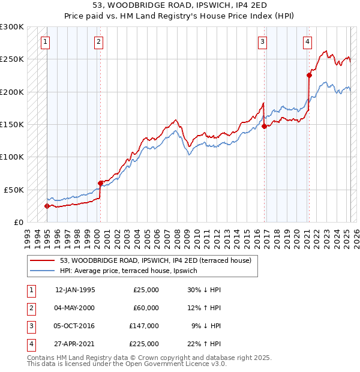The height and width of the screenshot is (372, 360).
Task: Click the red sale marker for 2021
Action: pyautogui.click(x=310, y=75)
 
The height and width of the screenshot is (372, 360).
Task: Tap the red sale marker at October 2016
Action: pyautogui.click(x=265, y=126)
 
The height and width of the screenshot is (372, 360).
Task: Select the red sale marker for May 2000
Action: pyautogui.click(x=100, y=183)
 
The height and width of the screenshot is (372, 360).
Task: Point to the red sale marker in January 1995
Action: pyautogui.click(x=47, y=206)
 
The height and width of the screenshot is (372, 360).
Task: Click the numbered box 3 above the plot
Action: pyautogui.click(x=263, y=42)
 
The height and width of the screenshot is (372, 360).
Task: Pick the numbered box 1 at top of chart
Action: pyautogui.click(x=46, y=42)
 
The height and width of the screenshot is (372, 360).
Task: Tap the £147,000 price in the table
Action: pyautogui.click(x=144, y=326)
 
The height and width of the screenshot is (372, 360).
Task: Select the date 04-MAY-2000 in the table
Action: pyautogui.click(x=75, y=308)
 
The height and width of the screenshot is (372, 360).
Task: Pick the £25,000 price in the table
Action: pyautogui.click(x=146, y=290)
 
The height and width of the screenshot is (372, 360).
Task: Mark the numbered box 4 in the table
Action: pyautogui.click(x=31, y=344)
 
